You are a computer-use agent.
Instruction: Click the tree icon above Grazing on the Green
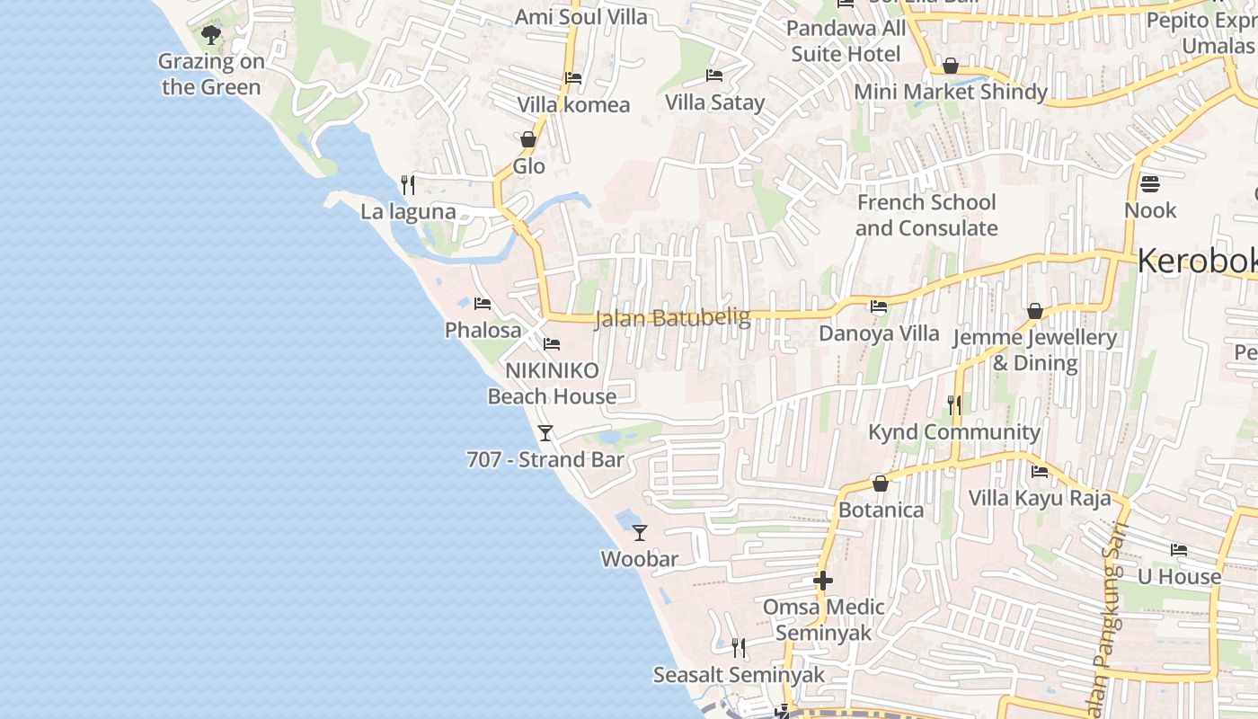pos(211,35)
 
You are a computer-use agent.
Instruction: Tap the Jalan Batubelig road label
pos(672,318)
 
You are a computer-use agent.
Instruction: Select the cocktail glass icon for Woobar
pos(639,532)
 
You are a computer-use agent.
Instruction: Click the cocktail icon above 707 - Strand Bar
pos(545,433)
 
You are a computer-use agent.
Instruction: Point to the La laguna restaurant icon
pos(408,185)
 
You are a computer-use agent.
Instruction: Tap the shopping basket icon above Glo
pos(528,139)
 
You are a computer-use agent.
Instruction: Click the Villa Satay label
pos(714,102)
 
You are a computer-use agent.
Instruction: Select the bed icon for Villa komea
pos(572,78)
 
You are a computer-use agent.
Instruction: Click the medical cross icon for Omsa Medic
pos(822,581)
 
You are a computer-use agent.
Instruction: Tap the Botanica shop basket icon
pos(880,484)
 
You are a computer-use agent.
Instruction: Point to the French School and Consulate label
pos(926,215)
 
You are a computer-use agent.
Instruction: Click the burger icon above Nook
pos(1150,184)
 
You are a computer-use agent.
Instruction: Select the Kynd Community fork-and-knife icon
pos(953,405)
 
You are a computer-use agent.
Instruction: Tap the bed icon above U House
pos(1179,550)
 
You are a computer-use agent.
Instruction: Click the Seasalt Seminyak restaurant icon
pos(738,648)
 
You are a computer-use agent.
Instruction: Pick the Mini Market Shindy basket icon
pos(950,66)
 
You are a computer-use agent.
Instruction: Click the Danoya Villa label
pos(878,333)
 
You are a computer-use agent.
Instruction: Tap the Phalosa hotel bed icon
pos(483,304)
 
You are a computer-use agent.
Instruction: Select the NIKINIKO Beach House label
pos(552,384)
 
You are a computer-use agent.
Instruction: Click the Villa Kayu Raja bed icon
pos(1040,471)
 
